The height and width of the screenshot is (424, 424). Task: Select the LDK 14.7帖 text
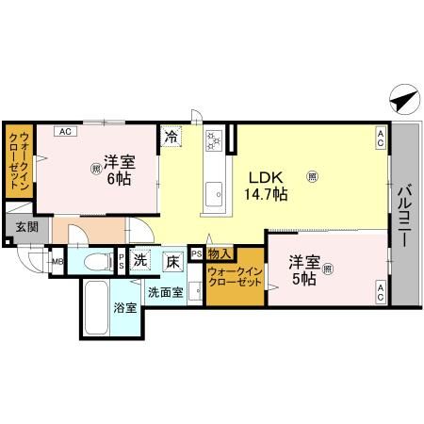click(267, 186)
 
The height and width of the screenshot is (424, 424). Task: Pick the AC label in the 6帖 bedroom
click(65, 132)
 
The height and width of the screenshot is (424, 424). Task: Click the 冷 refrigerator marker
click(171, 137)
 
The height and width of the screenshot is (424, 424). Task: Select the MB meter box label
click(56, 262)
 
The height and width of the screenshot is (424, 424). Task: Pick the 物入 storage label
click(219, 254)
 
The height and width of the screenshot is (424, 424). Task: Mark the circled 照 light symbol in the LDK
click(312, 174)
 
